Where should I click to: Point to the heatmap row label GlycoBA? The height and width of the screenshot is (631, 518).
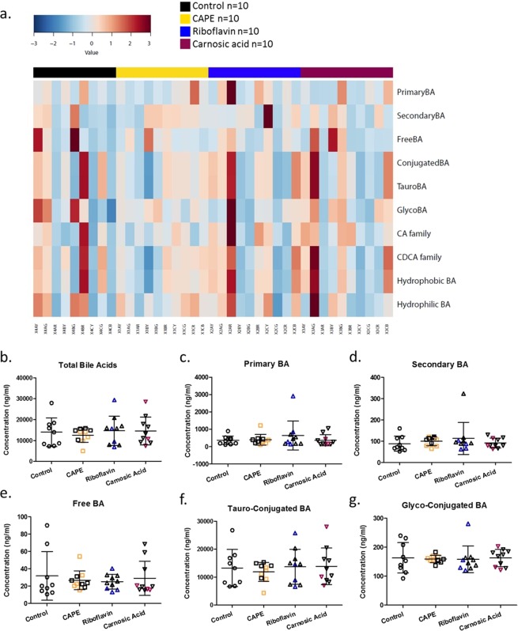(418, 208)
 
